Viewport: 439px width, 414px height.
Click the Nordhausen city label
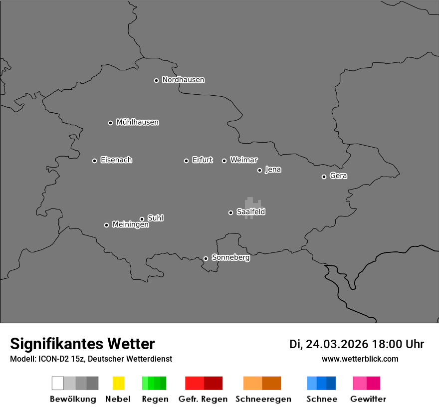coord(183,80)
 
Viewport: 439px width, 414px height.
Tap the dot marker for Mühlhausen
coord(111,123)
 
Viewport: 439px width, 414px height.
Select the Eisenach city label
coord(116,160)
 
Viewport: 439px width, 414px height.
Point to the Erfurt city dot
coord(187,161)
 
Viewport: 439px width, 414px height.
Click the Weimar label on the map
coord(243,160)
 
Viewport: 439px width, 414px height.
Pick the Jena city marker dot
coord(259,170)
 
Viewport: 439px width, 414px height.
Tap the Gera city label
coord(338,176)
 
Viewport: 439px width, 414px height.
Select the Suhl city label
coord(156,218)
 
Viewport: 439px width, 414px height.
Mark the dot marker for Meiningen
coord(106,225)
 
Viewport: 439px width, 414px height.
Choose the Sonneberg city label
coord(230,258)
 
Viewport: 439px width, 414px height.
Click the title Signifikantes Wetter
coord(82,344)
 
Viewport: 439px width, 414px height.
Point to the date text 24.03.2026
coord(337,344)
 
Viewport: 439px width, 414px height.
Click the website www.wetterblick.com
coord(360,359)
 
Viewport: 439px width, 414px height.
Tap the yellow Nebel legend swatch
coord(118,383)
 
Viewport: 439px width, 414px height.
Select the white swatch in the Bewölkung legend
coord(58,383)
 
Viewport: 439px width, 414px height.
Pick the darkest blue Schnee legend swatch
coord(331,383)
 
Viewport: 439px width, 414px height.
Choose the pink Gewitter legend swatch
coord(360,383)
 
